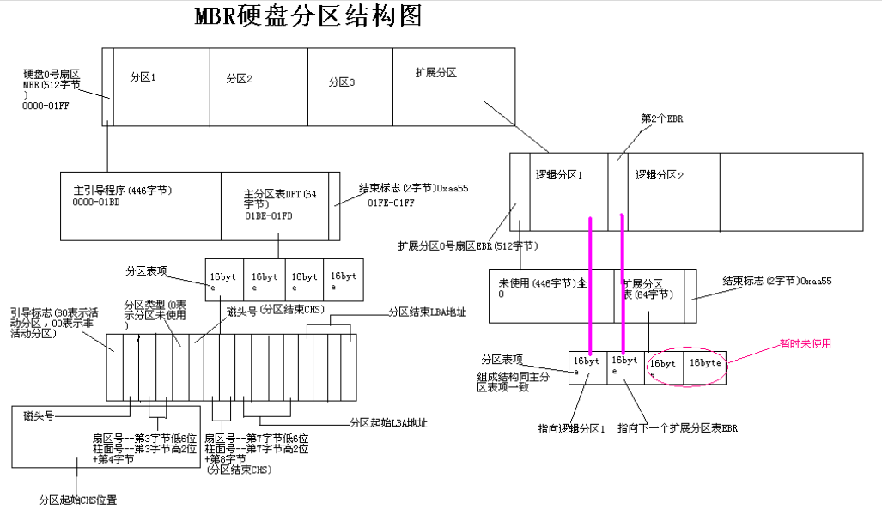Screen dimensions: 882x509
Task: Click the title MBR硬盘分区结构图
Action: [x=307, y=15]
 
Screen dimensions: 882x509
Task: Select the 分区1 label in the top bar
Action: [x=143, y=77]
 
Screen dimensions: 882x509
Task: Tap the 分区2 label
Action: [x=239, y=79]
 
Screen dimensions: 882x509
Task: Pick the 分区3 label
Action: [x=342, y=82]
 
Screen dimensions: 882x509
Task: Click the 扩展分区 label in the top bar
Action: [x=436, y=73]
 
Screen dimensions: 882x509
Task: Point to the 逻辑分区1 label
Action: [x=558, y=175]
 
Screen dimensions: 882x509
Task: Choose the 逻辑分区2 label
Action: [x=660, y=175]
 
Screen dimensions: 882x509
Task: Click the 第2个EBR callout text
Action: [x=662, y=118]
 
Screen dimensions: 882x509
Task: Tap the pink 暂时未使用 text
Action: [x=805, y=343]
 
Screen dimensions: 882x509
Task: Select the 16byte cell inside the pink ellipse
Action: [x=705, y=363]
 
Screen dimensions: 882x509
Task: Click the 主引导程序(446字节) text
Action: [x=123, y=191]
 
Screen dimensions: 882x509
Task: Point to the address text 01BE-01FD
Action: [x=268, y=216]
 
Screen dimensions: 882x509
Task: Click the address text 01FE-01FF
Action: [x=391, y=203]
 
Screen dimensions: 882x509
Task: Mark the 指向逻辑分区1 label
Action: [x=571, y=428]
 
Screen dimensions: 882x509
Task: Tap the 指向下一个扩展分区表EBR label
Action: [x=678, y=428]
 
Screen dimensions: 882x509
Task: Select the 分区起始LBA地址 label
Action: [x=388, y=422]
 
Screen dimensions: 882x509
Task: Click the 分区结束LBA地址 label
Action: [x=428, y=312]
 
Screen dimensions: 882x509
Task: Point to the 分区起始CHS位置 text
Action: [x=77, y=500]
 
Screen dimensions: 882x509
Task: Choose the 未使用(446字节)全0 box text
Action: [x=542, y=288]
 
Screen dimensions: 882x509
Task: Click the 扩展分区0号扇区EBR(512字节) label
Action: [x=468, y=245]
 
